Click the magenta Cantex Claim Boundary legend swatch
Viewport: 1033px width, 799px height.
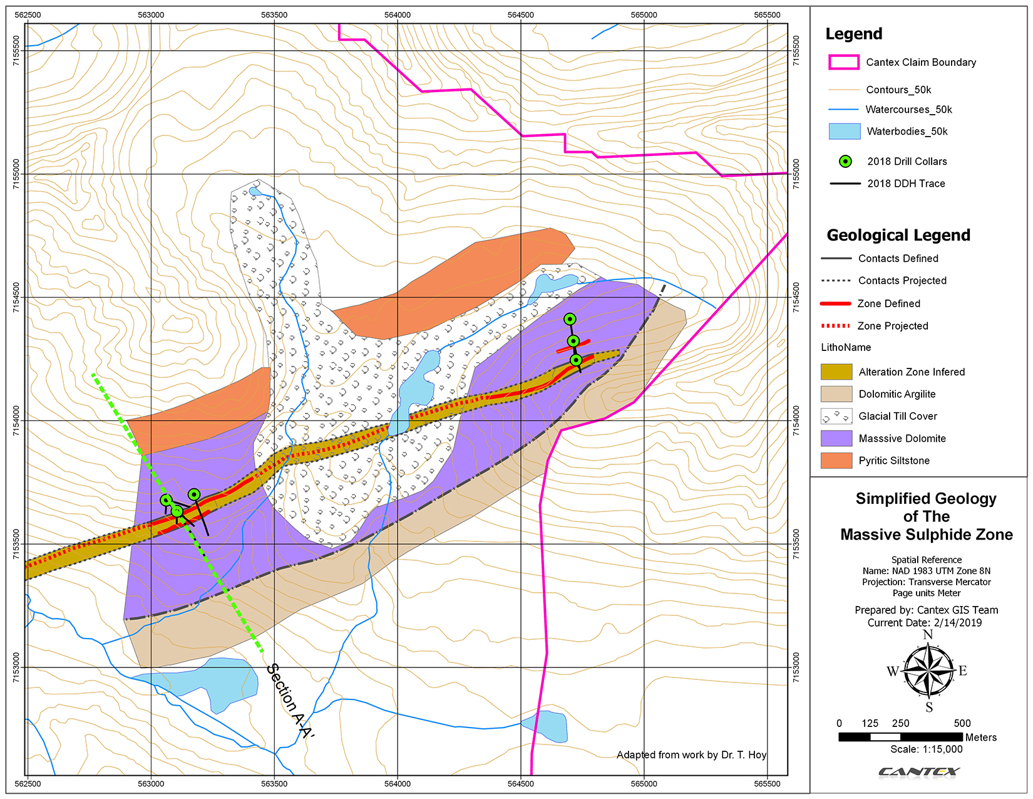[843, 62]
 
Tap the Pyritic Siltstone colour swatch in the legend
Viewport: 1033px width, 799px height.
[836, 461]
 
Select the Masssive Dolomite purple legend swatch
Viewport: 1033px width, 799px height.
[836, 439]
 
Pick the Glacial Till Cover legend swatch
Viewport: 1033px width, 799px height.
[836, 416]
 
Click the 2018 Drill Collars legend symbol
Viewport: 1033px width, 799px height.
[845, 162]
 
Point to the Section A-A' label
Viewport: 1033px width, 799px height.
[290, 701]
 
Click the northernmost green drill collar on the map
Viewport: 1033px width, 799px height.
[570, 319]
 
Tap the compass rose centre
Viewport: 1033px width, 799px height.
[928, 671]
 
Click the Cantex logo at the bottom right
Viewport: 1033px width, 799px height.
[919, 771]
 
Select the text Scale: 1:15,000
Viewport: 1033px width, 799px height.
[927, 749]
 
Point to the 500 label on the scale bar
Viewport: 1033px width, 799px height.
[962, 723]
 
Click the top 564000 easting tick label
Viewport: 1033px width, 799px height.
[397, 15]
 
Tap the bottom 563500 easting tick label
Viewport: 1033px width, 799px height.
[274, 784]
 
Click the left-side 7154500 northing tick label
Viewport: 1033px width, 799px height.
[16, 297]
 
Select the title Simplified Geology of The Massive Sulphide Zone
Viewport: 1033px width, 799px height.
[927, 516]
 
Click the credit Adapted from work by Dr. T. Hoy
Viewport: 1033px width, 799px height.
[691, 755]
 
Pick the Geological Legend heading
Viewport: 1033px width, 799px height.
[898, 235]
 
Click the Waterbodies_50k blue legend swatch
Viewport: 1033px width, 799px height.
[844, 132]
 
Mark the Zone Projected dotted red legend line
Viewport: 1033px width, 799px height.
[835, 326]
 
